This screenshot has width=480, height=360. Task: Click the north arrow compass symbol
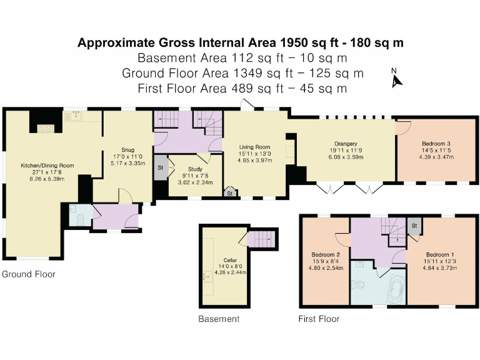(x=396, y=78)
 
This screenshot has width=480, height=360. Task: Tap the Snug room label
(x=128, y=150)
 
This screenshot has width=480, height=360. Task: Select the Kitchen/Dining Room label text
(x=47, y=166)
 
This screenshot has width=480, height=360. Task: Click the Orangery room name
(x=346, y=144)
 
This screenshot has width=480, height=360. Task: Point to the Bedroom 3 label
(x=436, y=144)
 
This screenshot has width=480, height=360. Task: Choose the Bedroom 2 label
(x=326, y=255)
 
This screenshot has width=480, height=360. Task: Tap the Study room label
(x=195, y=169)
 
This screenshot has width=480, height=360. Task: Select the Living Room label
(x=255, y=147)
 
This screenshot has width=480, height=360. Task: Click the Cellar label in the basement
(x=230, y=260)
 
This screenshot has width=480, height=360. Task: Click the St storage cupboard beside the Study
(x=161, y=167)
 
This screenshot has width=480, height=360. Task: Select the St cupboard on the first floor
(x=414, y=226)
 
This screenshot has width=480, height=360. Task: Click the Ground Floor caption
(x=29, y=274)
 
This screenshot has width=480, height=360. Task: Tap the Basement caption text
(x=219, y=319)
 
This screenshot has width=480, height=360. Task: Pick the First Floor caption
(x=319, y=319)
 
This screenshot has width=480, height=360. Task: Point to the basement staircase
(x=261, y=239)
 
